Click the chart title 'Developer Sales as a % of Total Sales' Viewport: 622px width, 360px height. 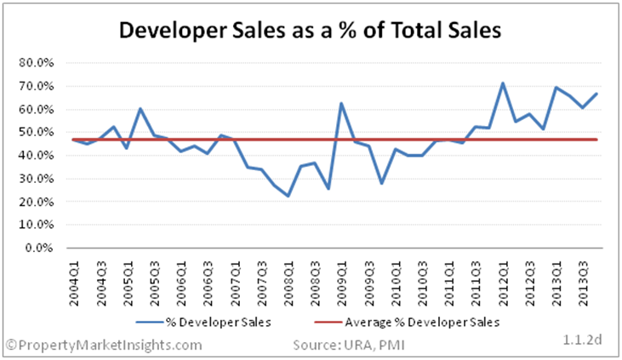310,30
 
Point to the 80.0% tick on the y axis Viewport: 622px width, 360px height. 36,63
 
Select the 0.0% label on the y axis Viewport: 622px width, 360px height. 39,248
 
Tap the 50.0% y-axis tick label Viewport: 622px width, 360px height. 36,132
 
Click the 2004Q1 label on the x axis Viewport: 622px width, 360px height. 74,283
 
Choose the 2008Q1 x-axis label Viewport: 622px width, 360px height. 288,283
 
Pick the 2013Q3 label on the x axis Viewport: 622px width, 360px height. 583,283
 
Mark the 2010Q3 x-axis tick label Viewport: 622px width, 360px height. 423,283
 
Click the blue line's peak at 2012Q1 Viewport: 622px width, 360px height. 503,83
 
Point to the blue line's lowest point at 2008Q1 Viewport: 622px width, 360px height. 288,196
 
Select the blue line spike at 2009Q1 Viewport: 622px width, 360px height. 341,104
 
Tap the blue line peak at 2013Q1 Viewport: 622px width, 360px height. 556,88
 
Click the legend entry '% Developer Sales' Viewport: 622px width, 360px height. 203,322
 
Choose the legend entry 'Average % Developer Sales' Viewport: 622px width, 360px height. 407,322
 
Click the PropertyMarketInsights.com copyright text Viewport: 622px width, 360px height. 104,345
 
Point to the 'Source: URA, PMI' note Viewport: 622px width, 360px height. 349,345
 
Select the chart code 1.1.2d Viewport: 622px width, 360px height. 582,340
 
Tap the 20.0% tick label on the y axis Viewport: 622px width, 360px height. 36,202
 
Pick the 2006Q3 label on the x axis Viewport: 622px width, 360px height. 208,283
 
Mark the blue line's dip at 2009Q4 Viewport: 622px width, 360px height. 381,183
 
